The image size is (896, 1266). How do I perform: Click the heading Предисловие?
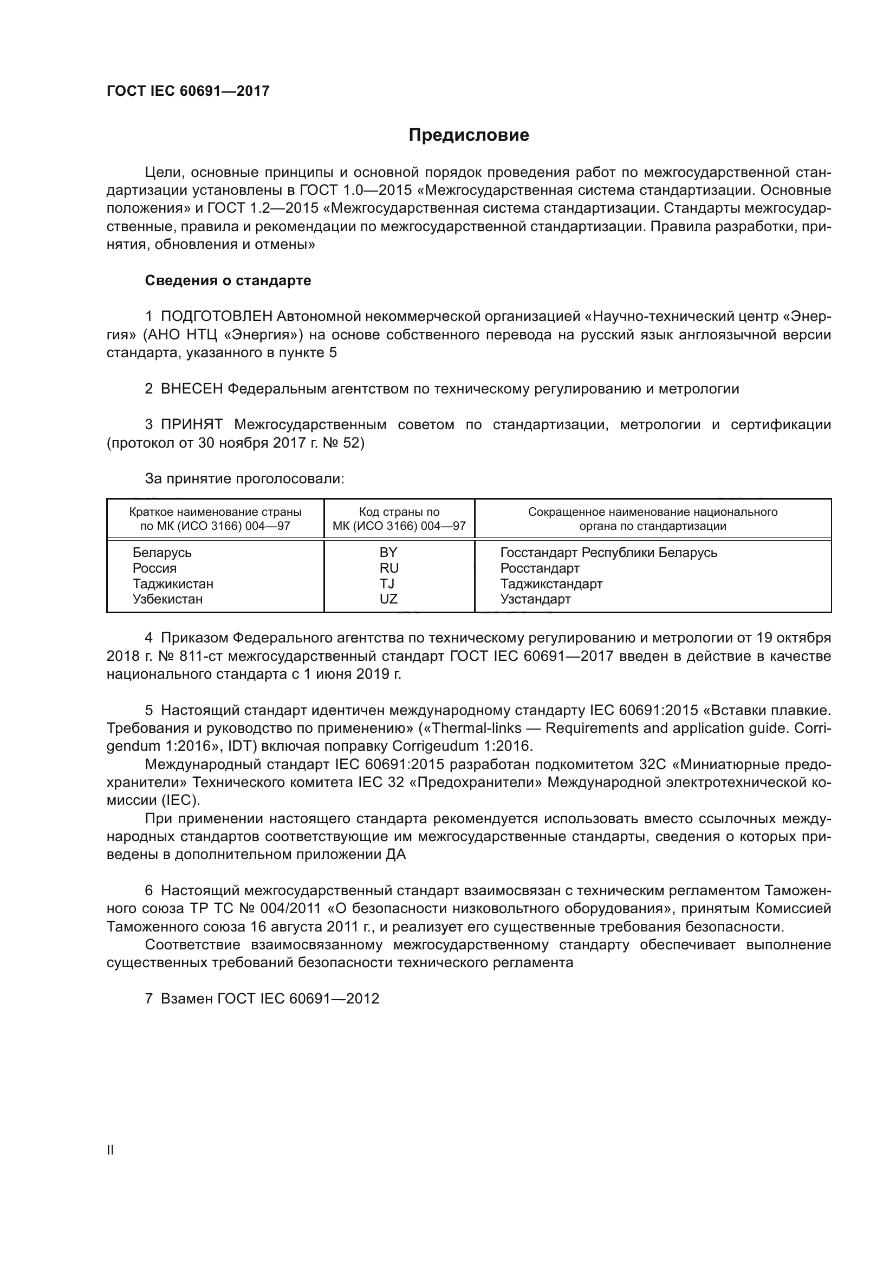[469, 135]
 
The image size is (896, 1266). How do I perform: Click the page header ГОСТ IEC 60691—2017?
[188, 91]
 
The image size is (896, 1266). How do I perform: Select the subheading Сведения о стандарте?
[228, 281]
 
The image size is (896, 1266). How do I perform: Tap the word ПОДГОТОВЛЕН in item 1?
[216, 317]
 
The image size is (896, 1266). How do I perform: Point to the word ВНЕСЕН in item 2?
[191, 389]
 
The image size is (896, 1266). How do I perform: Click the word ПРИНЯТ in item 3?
[191, 424]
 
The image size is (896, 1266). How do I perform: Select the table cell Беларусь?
[161, 553]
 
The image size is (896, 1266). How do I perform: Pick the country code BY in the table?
[388, 553]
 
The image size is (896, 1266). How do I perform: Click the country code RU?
[388, 568]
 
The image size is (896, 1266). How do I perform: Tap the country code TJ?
[387, 583]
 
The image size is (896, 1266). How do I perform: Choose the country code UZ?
[388, 599]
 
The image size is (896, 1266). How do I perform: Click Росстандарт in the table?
[540, 568]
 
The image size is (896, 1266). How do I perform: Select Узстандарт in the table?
[535, 599]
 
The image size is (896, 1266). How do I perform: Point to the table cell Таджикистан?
[173, 583]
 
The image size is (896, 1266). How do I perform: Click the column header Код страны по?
[399, 511]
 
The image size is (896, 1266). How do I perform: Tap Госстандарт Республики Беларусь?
[608, 553]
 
